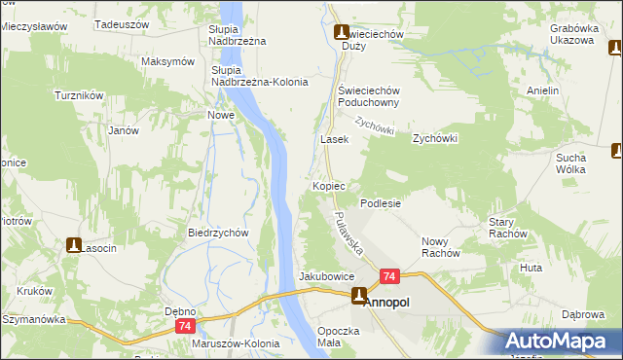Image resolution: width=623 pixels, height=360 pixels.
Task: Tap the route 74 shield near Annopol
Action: click(388, 277)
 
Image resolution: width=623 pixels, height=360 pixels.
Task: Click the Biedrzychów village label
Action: click(219, 234)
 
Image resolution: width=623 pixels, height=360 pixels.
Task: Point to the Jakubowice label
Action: click(326, 276)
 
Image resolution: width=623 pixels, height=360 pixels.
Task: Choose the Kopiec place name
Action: click(330, 185)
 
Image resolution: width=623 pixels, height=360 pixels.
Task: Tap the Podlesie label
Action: click(381, 203)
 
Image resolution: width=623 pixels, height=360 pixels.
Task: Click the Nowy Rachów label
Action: click(440, 247)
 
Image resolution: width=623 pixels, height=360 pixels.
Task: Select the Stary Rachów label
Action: click(507, 228)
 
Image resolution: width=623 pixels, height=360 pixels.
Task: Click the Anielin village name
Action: click(542, 91)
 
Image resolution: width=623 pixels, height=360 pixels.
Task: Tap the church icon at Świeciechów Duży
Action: click(342, 32)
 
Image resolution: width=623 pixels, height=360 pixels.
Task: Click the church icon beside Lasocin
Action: click(74, 245)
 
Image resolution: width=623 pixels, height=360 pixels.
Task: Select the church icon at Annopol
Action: click(359, 297)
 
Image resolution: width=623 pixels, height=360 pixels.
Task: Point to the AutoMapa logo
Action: click(563, 341)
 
